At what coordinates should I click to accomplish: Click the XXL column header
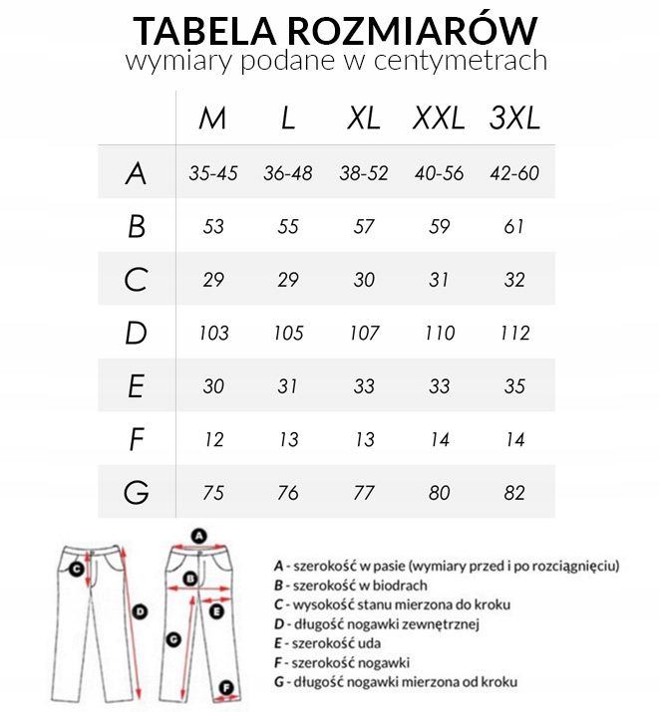[439, 119]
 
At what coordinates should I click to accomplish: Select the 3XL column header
[514, 119]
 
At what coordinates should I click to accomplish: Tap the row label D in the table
[137, 333]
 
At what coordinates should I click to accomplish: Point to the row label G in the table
[137, 492]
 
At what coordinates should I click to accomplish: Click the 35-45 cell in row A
[213, 173]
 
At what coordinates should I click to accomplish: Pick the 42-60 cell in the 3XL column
[514, 173]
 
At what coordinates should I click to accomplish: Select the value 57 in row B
[364, 227]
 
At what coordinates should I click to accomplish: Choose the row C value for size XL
[364, 280]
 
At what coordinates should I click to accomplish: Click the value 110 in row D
[439, 333]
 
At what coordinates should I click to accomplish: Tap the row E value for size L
[288, 386]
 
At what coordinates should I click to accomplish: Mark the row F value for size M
[213, 439]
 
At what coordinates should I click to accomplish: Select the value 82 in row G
[514, 492]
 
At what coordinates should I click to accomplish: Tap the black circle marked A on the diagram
[198, 535]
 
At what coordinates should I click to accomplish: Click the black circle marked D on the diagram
[141, 610]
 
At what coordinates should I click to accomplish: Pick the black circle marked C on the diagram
[76, 569]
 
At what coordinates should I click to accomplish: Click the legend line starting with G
[396, 681]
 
